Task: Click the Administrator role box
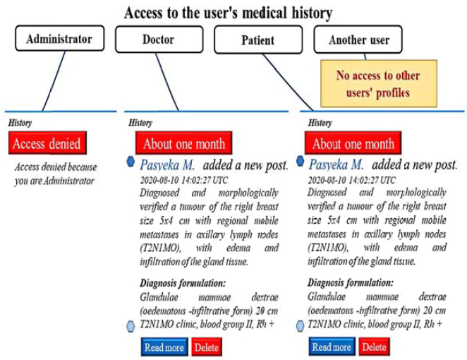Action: (60, 38)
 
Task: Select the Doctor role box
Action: (159, 39)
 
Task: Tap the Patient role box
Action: (258, 40)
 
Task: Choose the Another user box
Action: (358, 40)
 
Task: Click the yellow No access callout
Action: (379, 83)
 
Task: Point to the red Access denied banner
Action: (47, 143)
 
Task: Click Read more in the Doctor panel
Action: (164, 347)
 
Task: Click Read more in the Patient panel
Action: (332, 347)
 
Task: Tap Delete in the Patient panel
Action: (374, 347)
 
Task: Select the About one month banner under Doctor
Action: (183, 143)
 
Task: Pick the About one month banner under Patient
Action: (353, 143)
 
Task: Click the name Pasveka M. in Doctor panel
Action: (167, 164)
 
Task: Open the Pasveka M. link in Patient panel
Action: (336, 164)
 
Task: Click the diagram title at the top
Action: (228, 13)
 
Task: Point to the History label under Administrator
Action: (20, 123)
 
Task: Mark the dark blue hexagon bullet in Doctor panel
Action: (131, 162)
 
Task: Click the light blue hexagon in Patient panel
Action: (301, 325)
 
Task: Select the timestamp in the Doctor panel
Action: (183, 180)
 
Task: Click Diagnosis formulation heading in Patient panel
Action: (350, 282)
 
